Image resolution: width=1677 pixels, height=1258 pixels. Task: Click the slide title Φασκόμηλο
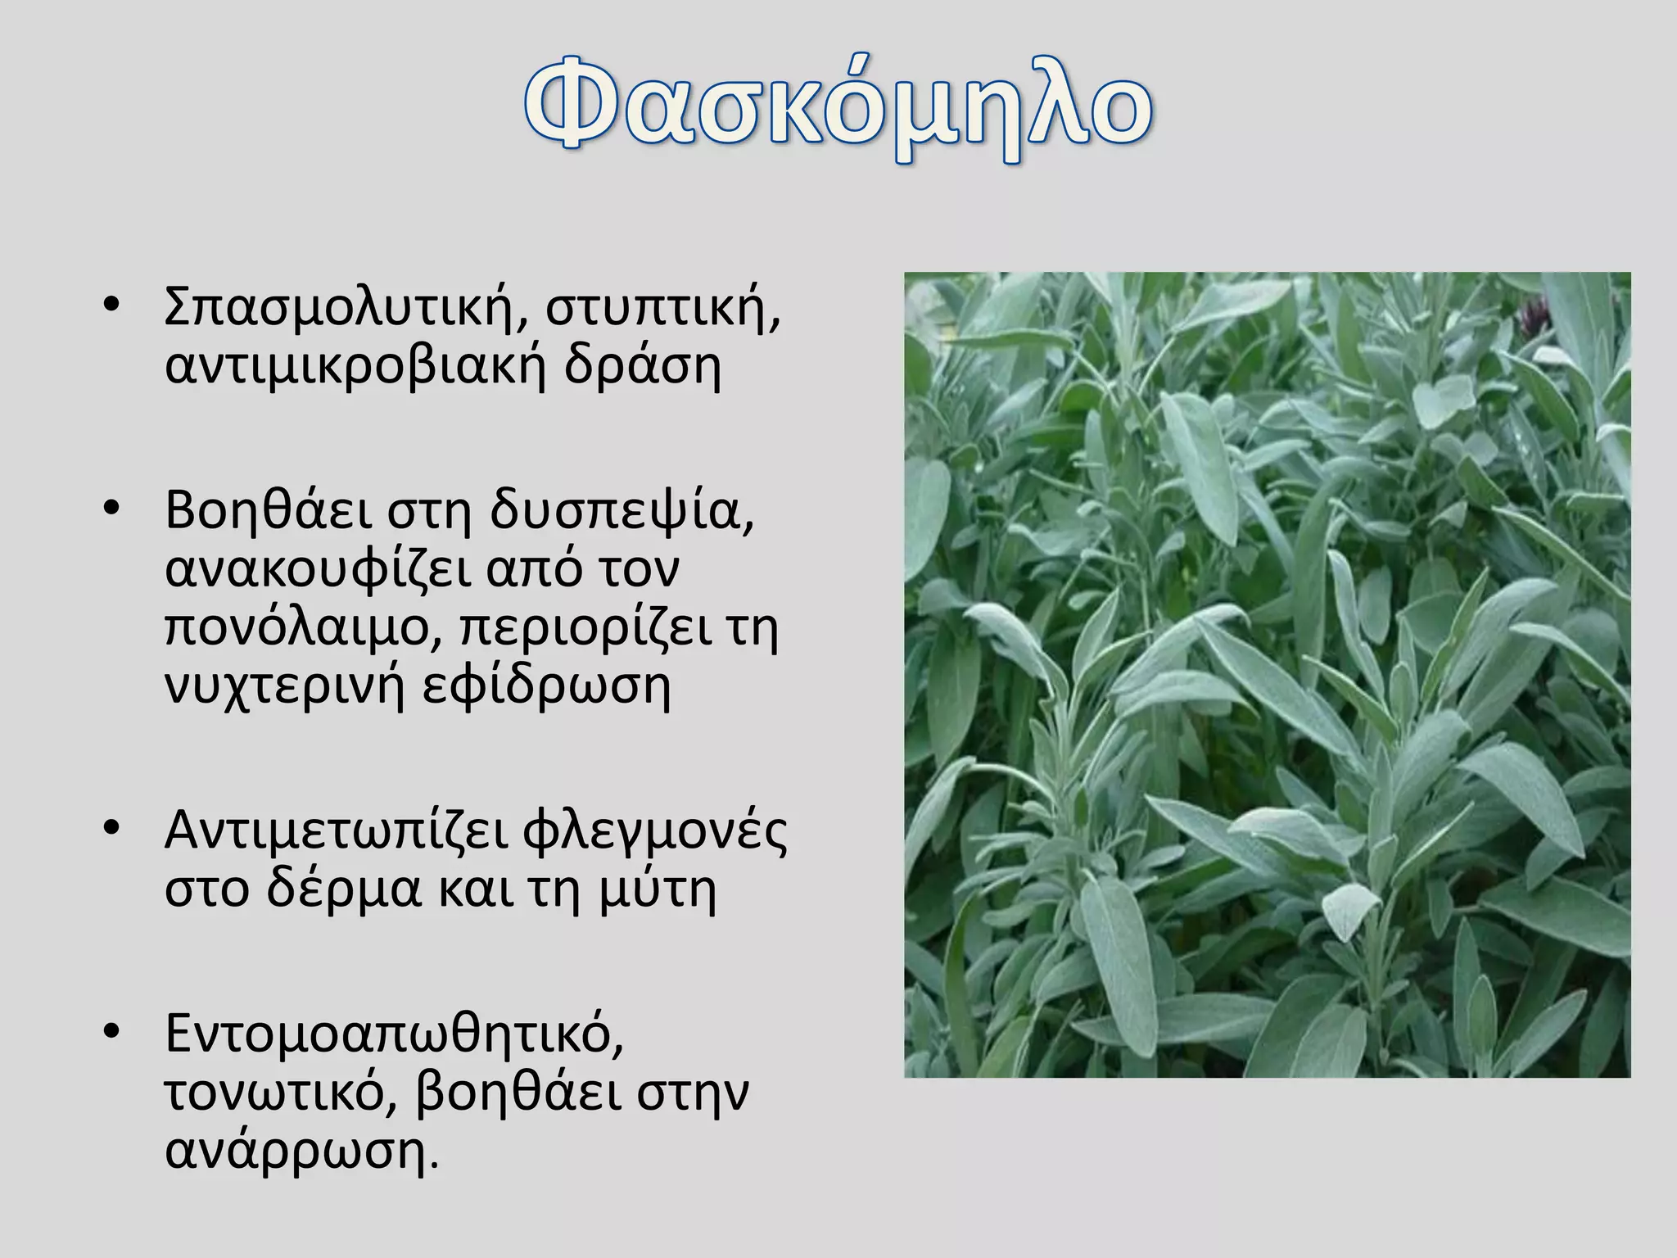click(838, 111)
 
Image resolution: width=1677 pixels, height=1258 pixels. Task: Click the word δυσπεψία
click(622, 512)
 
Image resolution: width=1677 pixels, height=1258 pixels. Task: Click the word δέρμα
click(344, 889)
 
